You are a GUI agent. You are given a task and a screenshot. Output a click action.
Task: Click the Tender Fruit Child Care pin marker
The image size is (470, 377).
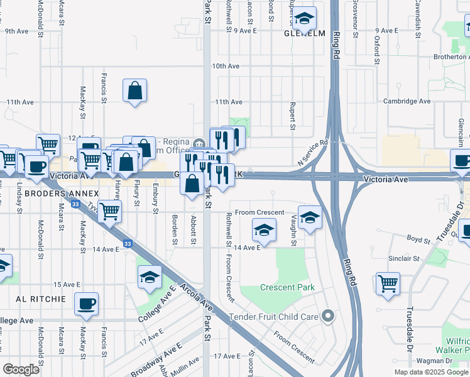tap(327, 316)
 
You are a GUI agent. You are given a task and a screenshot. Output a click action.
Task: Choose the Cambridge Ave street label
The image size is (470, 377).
tap(407, 101)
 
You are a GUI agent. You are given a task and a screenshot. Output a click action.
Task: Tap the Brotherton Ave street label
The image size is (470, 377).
tap(442, 57)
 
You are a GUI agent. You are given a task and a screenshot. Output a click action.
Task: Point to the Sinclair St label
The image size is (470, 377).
tap(403, 258)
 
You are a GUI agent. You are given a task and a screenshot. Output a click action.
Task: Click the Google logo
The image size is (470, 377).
tap(22, 369)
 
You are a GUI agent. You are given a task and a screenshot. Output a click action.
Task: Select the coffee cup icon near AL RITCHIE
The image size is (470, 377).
tap(87, 303)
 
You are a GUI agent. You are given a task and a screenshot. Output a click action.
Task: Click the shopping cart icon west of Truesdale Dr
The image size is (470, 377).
tap(388, 283)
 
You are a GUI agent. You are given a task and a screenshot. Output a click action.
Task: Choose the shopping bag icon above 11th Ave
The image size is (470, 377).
tap(135, 90)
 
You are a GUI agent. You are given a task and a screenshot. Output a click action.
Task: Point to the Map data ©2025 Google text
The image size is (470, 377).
tap(430, 372)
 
